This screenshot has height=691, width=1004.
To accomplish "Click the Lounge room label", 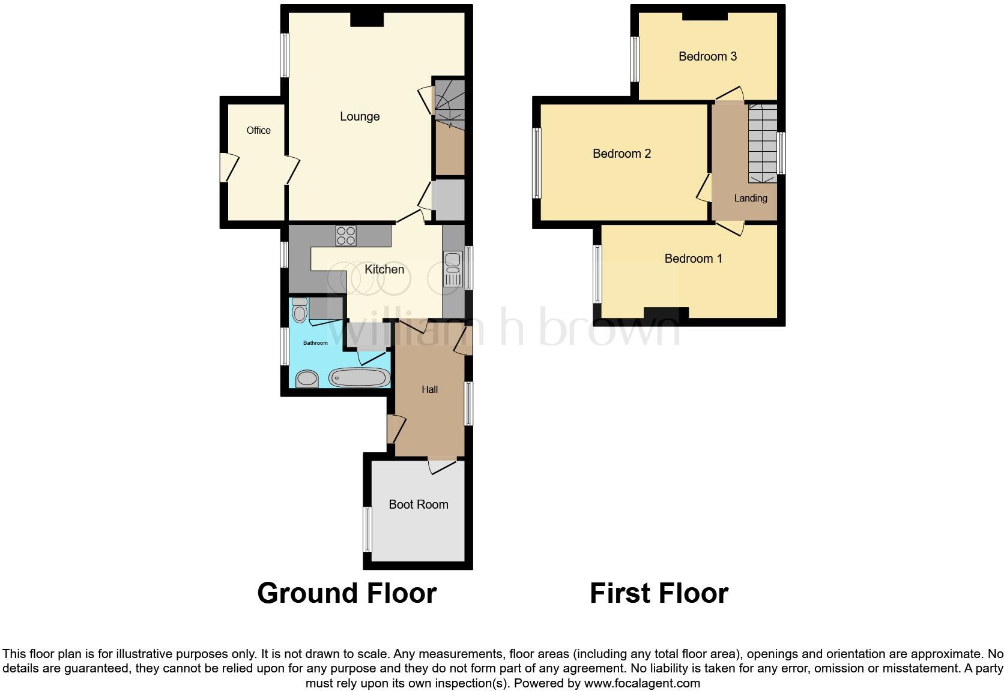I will (360, 116).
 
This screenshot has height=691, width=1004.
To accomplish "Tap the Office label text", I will (258, 130).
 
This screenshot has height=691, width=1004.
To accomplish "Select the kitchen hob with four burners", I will (346, 235).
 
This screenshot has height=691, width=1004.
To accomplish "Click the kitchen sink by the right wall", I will (452, 269).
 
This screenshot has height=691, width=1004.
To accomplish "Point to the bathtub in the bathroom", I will (360, 378).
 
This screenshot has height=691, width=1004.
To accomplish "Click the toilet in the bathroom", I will (299, 312).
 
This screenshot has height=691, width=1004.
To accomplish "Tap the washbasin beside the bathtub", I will (307, 378).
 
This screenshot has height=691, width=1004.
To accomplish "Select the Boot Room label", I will (418, 504).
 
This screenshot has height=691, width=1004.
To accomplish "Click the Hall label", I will (429, 389).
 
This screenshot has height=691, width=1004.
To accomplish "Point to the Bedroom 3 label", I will (707, 56).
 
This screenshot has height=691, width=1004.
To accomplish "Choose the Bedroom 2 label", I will (621, 154).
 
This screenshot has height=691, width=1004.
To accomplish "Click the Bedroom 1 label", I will (693, 259).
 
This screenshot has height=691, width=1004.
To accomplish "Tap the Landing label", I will (750, 198).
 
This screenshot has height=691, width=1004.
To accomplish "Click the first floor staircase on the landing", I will (762, 144).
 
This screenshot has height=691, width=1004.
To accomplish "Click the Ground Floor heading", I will (346, 593).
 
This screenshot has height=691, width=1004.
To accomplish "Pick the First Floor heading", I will (659, 593).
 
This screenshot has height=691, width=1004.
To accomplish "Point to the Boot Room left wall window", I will (367, 530).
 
